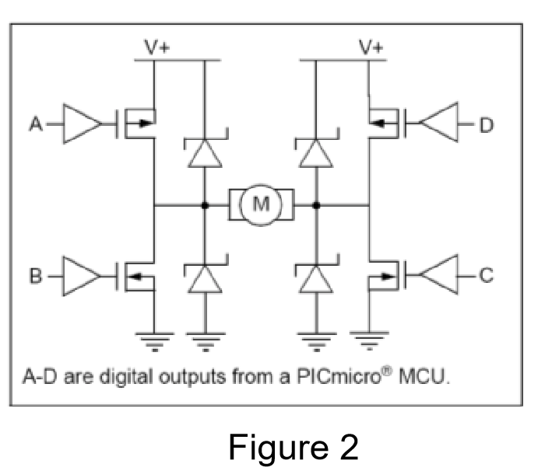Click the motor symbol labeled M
coord(260,205)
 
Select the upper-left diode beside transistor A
coord(204,152)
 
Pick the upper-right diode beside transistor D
coord(315,152)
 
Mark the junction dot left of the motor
coord(204,206)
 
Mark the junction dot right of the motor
coord(315,206)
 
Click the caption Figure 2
coord(294,448)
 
